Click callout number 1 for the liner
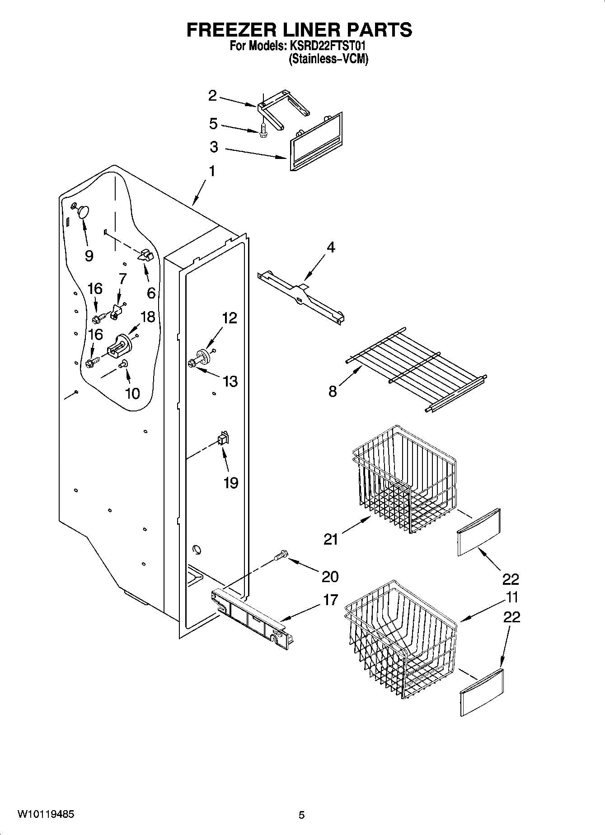click(x=211, y=171)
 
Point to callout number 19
click(x=230, y=483)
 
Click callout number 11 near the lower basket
click(x=512, y=597)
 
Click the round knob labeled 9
click(x=83, y=211)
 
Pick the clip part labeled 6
click(x=145, y=255)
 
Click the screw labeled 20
click(x=281, y=555)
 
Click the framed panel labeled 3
click(x=315, y=142)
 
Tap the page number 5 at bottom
click(x=301, y=815)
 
